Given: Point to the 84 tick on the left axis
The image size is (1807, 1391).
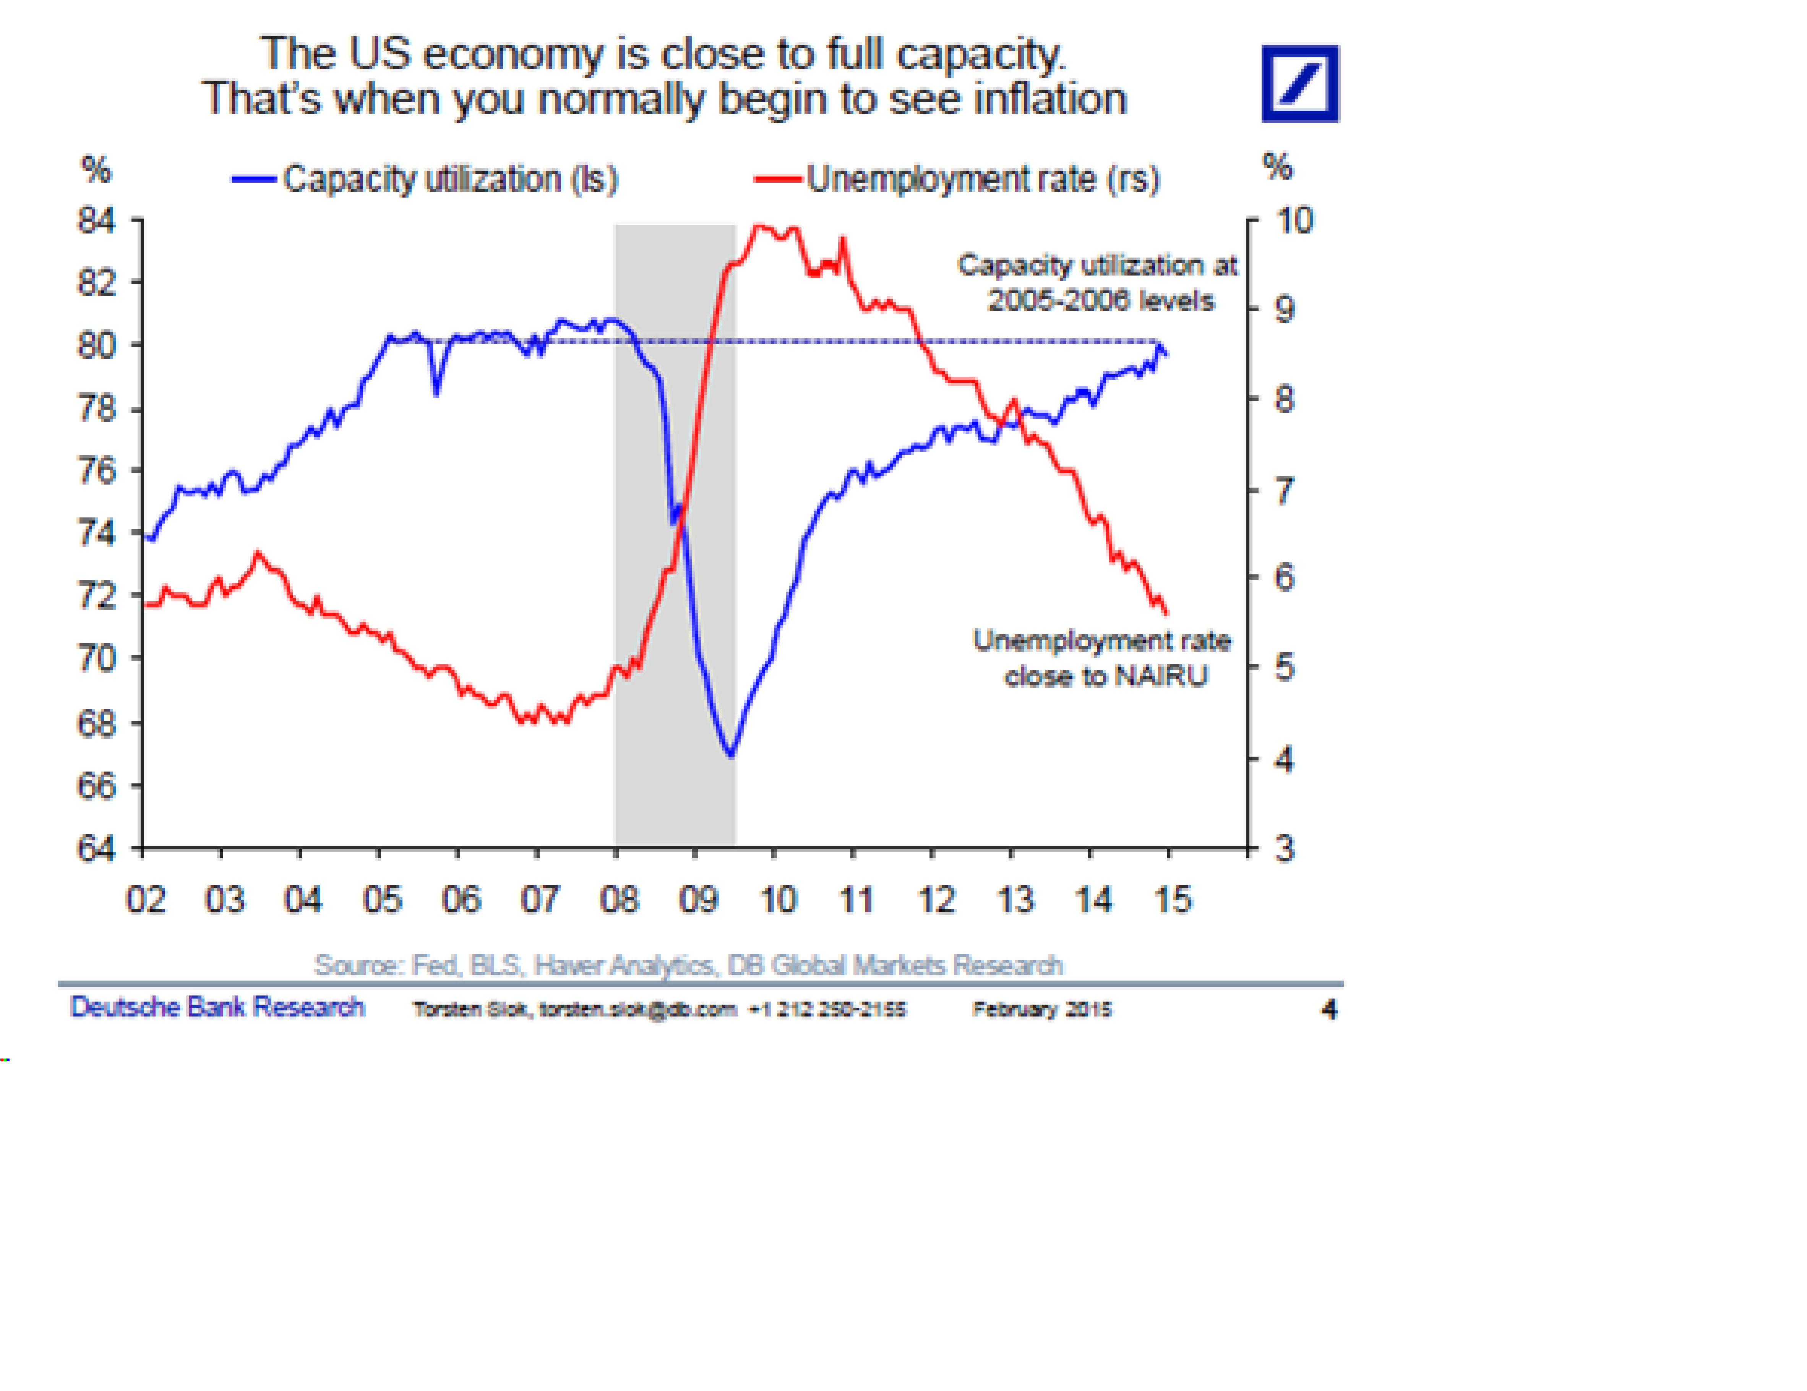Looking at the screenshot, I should point(97,221).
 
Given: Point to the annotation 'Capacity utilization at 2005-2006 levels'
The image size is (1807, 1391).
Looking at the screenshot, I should point(1098,282).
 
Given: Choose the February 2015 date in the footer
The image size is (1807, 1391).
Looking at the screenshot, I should point(1042,1009).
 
